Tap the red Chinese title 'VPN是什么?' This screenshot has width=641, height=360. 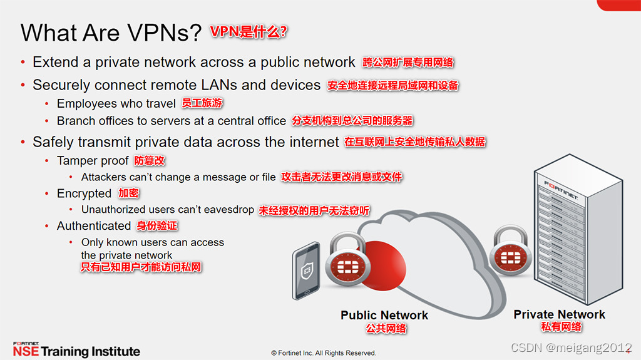[x=249, y=31]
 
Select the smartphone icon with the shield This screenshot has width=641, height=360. [x=306, y=270]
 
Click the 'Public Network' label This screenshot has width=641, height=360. [x=384, y=315]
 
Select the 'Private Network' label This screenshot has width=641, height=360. [x=559, y=314]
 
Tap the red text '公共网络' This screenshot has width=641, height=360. [x=386, y=328]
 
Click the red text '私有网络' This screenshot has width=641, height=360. [x=561, y=327]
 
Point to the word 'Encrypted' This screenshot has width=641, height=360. [x=84, y=193]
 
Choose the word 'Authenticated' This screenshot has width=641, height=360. [x=93, y=226]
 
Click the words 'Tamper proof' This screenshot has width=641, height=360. [x=93, y=161]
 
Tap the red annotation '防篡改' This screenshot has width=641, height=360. [x=150, y=161]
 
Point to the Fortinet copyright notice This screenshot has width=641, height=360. [x=324, y=353]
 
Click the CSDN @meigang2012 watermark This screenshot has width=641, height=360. [x=571, y=347]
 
